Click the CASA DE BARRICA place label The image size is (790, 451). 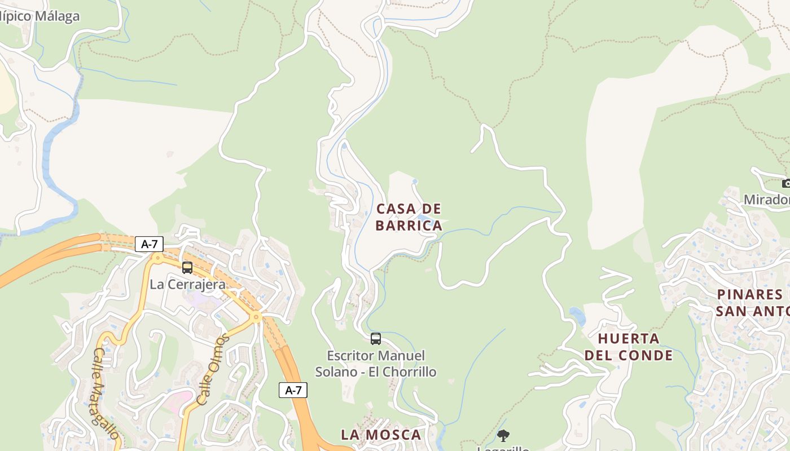coord(409,217)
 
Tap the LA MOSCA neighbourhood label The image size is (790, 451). coord(381,435)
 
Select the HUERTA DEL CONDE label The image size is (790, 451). coord(629,347)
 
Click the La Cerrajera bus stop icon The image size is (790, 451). coord(187,268)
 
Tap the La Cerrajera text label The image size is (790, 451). coord(187,284)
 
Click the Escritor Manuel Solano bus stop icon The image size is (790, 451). coord(376,339)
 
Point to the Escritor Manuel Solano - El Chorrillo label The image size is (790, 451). coord(376,364)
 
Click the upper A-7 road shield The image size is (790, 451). coord(149,244)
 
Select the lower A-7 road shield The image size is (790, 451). coord(293,390)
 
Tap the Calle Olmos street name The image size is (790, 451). coord(212,369)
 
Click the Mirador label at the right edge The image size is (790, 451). coord(766,200)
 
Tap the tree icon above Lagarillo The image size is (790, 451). coord(503,435)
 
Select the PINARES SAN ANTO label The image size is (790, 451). coord(752,303)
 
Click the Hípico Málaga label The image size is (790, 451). coord(39,16)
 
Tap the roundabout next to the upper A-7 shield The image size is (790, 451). coord(157,258)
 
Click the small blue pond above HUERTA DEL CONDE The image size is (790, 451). coord(577,316)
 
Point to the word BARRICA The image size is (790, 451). coord(409,225)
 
